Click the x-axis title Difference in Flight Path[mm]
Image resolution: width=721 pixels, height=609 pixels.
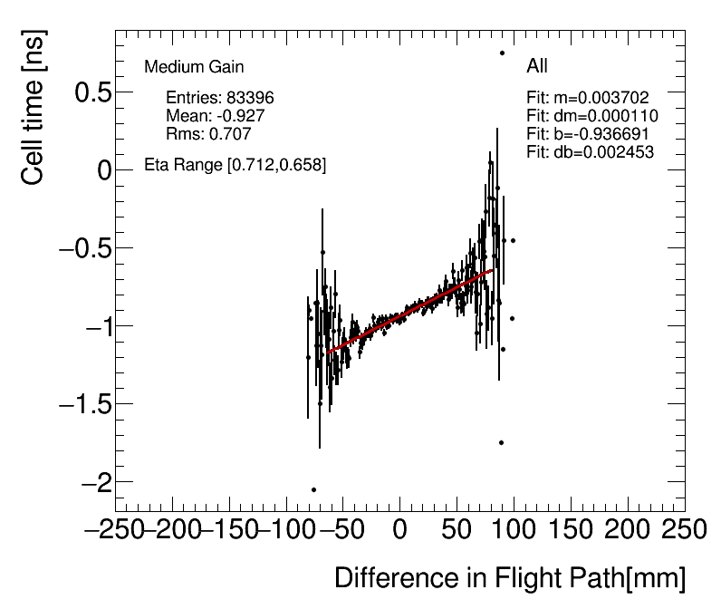point(510,578)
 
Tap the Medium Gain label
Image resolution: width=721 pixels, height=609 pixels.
point(194,67)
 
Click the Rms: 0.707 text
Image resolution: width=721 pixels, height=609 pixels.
point(208,134)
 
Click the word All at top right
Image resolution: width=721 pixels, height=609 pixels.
point(537,66)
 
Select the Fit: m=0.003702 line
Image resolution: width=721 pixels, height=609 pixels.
point(588,97)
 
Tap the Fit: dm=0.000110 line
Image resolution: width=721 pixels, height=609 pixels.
point(592,115)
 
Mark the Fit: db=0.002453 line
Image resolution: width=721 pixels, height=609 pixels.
point(590,151)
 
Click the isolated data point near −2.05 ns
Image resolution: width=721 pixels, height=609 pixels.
point(313,489)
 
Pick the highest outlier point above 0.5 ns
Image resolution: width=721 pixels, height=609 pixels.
point(502,53)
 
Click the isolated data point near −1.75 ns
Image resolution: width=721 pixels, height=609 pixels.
point(501,442)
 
